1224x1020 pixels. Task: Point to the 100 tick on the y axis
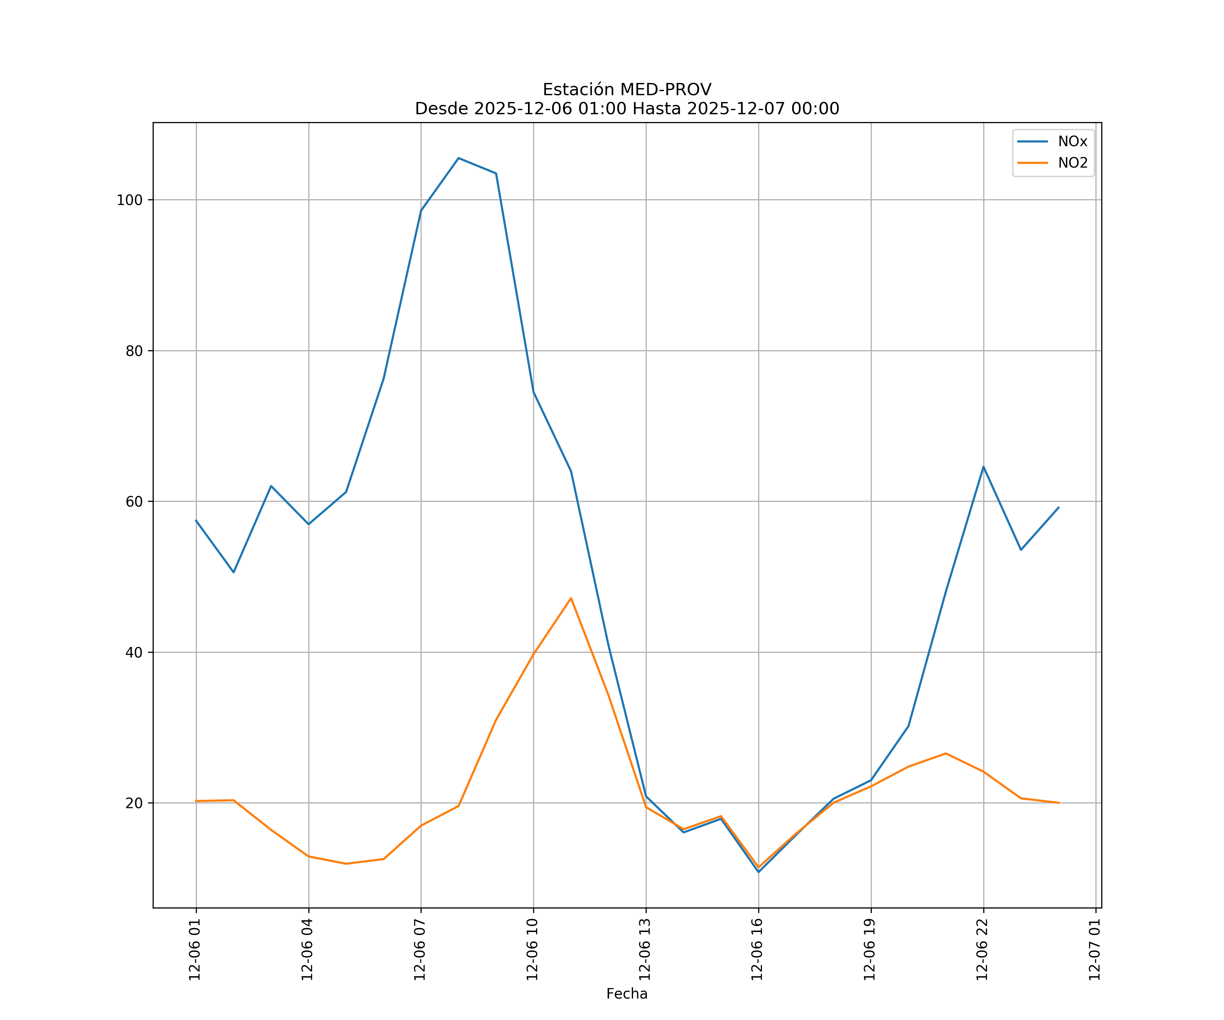(x=130, y=200)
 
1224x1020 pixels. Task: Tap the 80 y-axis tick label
(x=134, y=351)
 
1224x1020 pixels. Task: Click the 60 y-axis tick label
(x=134, y=501)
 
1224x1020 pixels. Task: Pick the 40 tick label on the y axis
(x=134, y=652)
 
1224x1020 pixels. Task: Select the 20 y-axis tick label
(x=134, y=803)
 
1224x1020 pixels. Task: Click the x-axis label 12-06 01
(x=195, y=950)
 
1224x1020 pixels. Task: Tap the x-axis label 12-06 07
(x=420, y=950)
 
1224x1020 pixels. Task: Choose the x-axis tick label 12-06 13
(x=645, y=950)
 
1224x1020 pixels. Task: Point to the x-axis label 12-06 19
(x=870, y=950)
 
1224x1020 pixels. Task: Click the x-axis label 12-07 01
(x=1094, y=950)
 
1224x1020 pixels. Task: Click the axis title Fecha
(x=627, y=994)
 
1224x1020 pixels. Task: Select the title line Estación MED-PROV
(x=627, y=90)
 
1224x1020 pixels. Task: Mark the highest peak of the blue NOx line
(x=459, y=158)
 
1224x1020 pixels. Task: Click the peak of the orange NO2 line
(x=571, y=598)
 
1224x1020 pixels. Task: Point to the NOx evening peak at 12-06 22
(x=983, y=467)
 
